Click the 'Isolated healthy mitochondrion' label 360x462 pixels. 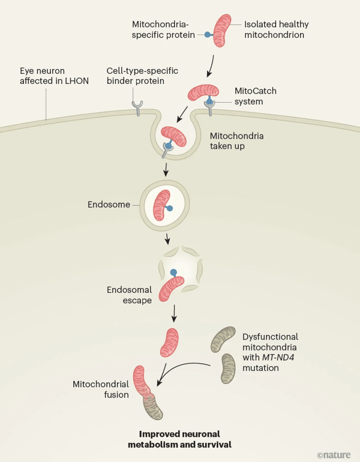pos(275,29)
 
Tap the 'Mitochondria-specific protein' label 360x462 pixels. pos(163,29)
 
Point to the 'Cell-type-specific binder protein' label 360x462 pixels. pos(142,76)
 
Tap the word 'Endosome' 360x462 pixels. pos(109,204)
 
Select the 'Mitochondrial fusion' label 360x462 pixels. pos(101,389)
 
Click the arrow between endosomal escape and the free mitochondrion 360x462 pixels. pos(173,313)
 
